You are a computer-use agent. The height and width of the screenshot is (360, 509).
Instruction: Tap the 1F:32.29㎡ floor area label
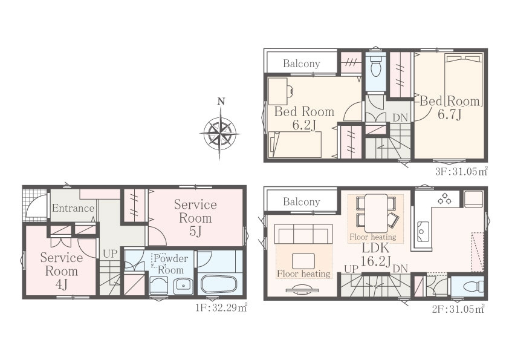tap(221, 307)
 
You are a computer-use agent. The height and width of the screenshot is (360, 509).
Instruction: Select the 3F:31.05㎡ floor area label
tap(461, 171)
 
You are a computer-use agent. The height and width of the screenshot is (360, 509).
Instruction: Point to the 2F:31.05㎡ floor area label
tap(458, 309)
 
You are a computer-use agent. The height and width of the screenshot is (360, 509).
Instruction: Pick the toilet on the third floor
tap(375, 67)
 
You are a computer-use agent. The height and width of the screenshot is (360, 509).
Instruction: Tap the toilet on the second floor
tap(473, 287)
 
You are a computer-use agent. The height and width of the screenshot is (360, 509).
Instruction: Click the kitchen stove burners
tap(444, 198)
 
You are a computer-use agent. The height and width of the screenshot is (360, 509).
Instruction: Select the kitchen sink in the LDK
tap(423, 231)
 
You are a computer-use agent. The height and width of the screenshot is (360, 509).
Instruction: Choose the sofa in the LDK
tap(303, 234)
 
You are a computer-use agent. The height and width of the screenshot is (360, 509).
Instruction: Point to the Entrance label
tap(73, 208)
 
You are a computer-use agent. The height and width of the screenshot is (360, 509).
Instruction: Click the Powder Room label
tap(170, 264)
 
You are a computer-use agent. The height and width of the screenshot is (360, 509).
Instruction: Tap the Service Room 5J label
tap(195, 218)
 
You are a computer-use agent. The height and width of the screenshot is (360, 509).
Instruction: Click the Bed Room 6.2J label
tap(304, 118)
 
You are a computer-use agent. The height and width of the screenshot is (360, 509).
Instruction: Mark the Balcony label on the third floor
tap(302, 64)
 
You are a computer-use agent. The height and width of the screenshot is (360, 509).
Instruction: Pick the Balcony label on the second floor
tap(302, 201)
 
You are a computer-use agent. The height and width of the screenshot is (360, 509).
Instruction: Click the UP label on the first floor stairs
tap(109, 254)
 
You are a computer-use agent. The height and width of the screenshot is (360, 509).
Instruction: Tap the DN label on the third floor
tap(400, 117)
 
